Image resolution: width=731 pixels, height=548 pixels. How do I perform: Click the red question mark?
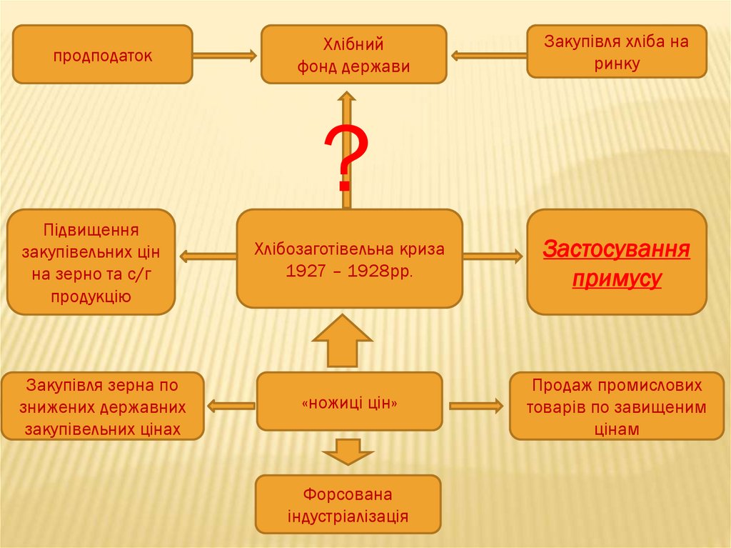pos(346,159)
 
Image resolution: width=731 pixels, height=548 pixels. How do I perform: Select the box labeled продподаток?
pos(102,55)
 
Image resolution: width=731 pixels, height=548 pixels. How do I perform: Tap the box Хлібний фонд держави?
pos(353,55)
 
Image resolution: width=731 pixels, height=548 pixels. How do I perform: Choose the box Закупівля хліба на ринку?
pos(616,51)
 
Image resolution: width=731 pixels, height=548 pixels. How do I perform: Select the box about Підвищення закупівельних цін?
pos(91,261)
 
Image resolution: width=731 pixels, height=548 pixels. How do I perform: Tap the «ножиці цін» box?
pos(349,402)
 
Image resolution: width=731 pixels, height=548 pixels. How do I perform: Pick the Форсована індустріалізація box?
pos(348,504)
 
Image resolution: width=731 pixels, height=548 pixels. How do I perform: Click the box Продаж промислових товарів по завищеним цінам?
pos(616,407)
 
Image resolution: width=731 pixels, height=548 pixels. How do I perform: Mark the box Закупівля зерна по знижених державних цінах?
pos(102,407)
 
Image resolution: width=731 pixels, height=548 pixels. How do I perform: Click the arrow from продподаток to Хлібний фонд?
pos(224,55)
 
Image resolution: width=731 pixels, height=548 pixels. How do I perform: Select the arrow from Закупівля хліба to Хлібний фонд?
pos(488,55)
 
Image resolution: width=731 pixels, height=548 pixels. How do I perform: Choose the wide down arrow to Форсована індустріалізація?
pos(348,452)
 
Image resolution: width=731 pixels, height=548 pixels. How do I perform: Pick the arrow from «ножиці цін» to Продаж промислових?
pos(475,406)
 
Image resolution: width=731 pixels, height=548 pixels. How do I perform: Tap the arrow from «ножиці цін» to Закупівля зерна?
pos(231,406)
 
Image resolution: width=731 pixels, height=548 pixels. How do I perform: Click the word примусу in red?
pos(616,279)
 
